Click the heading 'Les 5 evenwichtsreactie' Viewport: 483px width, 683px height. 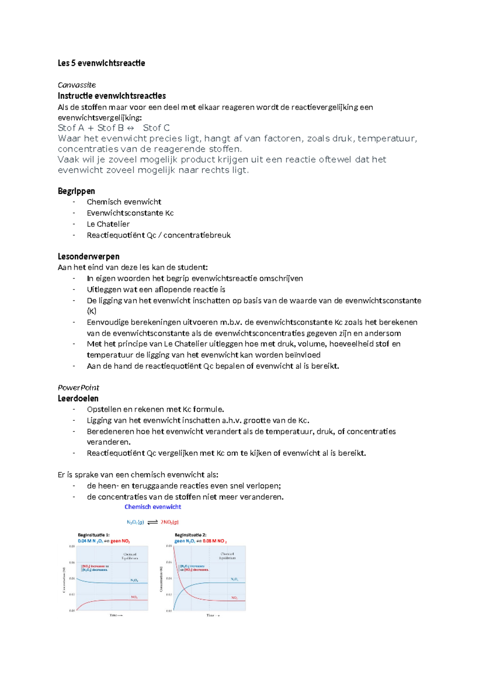[x=101, y=63]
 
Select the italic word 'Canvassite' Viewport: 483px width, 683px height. [x=76, y=85]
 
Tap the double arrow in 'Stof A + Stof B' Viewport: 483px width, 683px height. [x=130, y=128]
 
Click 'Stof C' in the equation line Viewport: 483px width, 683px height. [x=156, y=128]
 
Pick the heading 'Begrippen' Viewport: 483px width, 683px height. [x=76, y=191]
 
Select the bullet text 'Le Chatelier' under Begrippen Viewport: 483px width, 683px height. [x=108, y=224]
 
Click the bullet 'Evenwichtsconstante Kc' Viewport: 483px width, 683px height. [x=130, y=213]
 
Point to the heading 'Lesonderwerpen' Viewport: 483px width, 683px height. [x=88, y=257]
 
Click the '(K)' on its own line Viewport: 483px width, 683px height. [x=91, y=311]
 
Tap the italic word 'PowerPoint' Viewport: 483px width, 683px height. [x=78, y=387]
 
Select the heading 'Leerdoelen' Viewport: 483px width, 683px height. [x=78, y=398]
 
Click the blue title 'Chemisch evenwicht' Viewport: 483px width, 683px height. [x=153, y=507]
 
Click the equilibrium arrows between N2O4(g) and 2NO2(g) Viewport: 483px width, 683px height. [x=153, y=522]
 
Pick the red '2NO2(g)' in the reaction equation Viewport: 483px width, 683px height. [x=169, y=522]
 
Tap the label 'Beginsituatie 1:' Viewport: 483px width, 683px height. [x=93, y=535]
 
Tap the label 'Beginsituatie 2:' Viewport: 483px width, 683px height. [x=190, y=535]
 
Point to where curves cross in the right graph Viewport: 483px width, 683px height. [x=184, y=590]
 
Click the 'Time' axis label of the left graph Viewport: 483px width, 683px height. [x=116, y=615]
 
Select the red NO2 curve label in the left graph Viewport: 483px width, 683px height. [x=134, y=597]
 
